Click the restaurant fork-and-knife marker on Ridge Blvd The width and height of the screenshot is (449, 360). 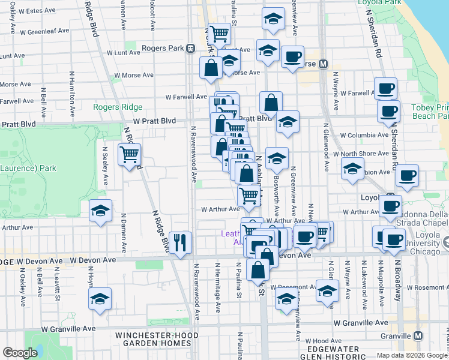(181, 242)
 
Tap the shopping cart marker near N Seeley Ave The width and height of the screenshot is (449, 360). (130, 155)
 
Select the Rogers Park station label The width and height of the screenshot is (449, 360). (163, 48)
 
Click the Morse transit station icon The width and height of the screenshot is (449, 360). (323, 64)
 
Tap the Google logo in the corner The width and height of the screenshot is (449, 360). (20, 353)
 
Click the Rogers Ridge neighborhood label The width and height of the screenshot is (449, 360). (118, 107)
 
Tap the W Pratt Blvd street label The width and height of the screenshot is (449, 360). (154, 121)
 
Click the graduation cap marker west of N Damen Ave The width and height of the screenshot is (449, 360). (100, 211)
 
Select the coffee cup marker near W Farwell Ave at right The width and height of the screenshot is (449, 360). (385, 89)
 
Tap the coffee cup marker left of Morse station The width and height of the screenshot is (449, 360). (292, 57)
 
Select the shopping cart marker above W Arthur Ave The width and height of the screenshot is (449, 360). (249, 194)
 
